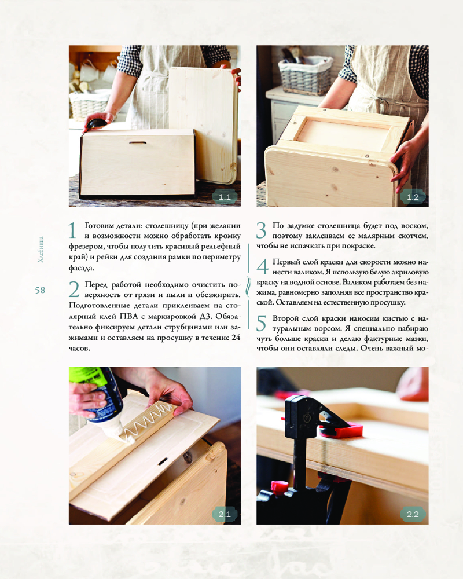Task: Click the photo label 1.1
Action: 225,197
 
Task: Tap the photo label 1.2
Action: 413,197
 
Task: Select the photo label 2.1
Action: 225,514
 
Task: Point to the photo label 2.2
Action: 413,514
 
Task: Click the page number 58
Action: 41,290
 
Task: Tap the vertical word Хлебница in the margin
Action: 41,249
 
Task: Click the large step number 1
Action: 73,231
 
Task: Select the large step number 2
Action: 74,289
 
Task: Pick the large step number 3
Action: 262,231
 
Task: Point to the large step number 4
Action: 262,267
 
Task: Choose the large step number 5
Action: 262,324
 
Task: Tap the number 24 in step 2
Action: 236,338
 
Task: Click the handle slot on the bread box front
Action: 137,142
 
